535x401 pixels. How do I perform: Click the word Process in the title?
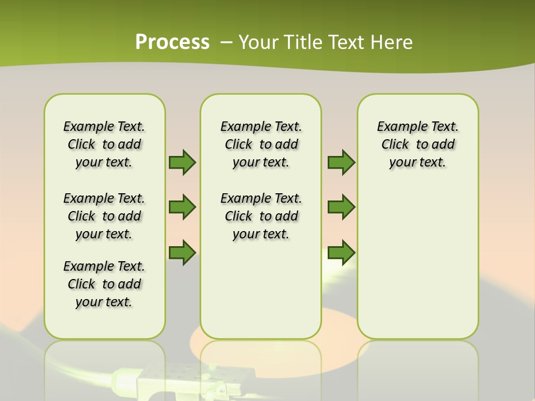pos(172,42)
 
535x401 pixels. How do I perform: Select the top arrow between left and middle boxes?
pos(182,162)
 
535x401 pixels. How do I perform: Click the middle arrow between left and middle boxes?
pos(182,207)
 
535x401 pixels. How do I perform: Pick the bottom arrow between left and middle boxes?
pos(182,252)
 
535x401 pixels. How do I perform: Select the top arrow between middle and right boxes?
pos(341,162)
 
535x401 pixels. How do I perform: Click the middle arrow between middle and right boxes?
pos(341,207)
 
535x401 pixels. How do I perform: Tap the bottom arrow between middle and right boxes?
pos(341,252)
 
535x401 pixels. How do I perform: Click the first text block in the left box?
pos(104,144)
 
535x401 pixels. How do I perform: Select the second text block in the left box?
pos(104,216)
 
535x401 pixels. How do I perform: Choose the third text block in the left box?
pos(104,284)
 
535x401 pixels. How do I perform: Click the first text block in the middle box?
pos(261,144)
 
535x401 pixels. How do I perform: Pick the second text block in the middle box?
pos(261,216)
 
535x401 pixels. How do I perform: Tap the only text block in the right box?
pos(417,144)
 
